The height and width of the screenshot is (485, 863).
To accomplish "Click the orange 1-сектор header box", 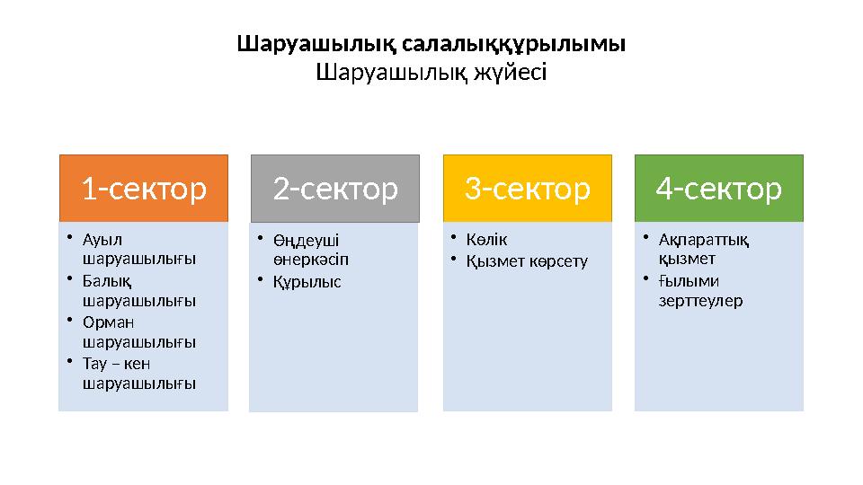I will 144,189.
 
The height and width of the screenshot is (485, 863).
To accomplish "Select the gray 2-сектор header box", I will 334,189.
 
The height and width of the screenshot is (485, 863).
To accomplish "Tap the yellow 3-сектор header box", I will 528,189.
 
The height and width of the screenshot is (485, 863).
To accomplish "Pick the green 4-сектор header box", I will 719,189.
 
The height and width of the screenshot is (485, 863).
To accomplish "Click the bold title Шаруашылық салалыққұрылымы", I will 431,43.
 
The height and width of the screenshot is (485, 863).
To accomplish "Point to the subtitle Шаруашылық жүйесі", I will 431,71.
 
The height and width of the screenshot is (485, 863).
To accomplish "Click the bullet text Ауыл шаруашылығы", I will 138,249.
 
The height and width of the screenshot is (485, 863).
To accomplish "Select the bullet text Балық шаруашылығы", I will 138,290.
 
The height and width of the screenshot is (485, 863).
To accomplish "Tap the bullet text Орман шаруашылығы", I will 138,331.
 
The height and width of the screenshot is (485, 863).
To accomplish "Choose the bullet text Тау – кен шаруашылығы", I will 138,373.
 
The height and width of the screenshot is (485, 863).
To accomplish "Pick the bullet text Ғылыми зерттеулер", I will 700,290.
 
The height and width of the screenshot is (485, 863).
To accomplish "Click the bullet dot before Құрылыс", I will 257,281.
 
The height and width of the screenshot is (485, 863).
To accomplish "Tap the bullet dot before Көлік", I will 455,239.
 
